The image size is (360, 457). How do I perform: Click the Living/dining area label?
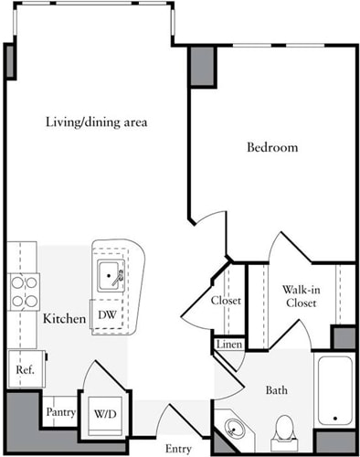97,122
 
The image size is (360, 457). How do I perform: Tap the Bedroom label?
272,147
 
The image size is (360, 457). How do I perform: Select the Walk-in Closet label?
300,295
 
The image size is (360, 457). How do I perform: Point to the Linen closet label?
228,345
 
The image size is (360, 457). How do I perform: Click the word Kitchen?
64,319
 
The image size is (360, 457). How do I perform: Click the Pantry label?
60,411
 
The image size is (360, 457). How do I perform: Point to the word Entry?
178,448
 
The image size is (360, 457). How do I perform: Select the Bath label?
277,390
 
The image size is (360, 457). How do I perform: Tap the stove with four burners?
24,291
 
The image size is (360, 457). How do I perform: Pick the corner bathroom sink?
234,430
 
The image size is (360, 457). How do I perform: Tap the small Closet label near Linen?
226,300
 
